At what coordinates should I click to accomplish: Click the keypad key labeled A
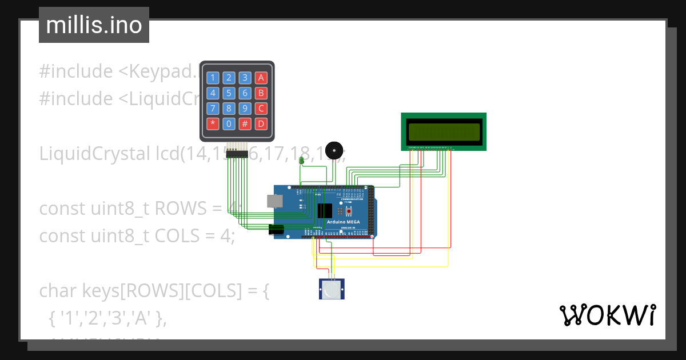(x=261, y=78)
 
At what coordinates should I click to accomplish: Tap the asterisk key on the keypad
(x=213, y=123)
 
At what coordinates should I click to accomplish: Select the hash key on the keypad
(x=245, y=123)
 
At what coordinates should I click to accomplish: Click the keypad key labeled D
(x=261, y=123)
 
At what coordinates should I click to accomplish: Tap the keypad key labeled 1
(x=213, y=78)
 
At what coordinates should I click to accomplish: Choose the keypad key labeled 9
(x=245, y=108)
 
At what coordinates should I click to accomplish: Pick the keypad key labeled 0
(x=229, y=123)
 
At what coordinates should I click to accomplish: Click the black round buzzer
(x=334, y=150)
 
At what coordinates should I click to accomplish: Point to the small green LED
(x=302, y=161)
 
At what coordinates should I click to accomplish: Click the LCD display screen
(x=444, y=131)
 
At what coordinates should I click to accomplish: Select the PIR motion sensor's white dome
(x=332, y=290)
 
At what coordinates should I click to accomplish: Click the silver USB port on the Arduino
(x=274, y=201)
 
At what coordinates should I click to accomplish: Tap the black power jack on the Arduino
(x=276, y=230)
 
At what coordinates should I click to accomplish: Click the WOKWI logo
(x=607, y=315)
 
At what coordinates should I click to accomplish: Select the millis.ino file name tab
(x=94, y=25)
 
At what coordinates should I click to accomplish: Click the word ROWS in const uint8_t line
(x=184, y=209)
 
